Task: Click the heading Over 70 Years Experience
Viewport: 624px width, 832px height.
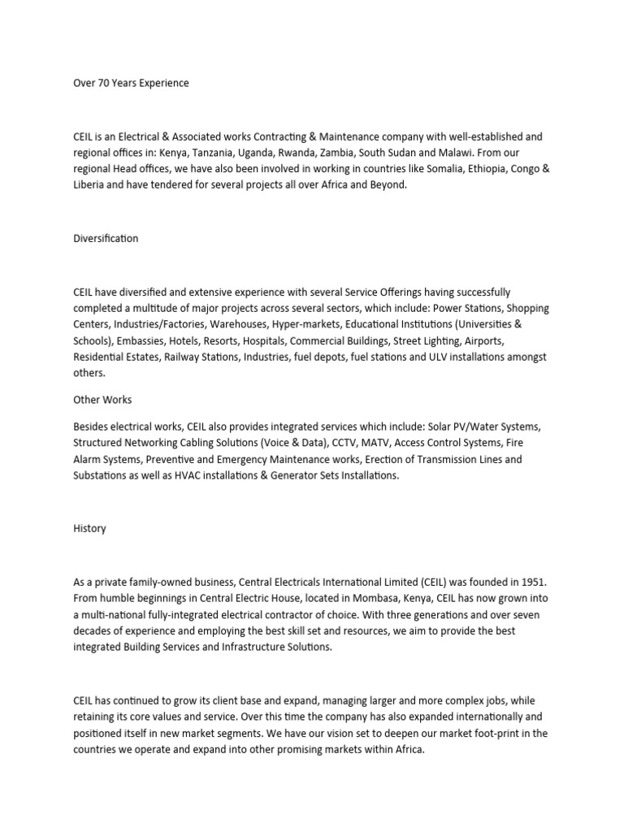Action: [131, 83]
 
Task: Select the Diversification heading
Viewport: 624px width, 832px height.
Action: [106, 239]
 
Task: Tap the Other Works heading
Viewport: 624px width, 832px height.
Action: [102, 400]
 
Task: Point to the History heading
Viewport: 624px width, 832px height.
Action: [89, 528]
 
